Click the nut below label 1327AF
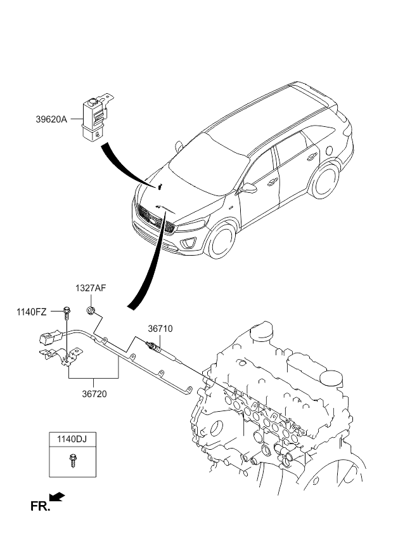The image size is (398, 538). click(x=91, y=310)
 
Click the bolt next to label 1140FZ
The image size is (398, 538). click(x=67, y=311)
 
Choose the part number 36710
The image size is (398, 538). click(x=160, y=329)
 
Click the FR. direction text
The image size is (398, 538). click(x=39, y=506)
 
